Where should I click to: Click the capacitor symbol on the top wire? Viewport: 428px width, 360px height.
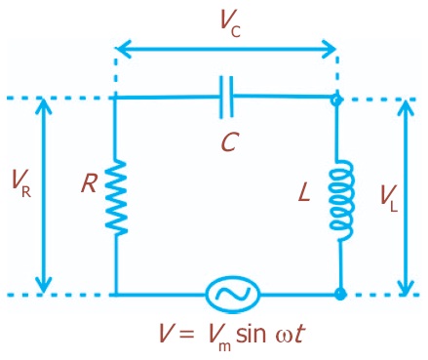point(227,98)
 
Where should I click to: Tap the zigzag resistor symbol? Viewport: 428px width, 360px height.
point(117,196)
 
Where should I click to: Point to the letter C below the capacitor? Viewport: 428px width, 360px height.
point(227,142)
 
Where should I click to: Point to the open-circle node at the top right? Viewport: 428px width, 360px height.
point(338,99)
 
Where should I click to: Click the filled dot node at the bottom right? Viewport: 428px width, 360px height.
point(340,294)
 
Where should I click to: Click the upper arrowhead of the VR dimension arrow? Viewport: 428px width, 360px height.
point(43,104)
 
